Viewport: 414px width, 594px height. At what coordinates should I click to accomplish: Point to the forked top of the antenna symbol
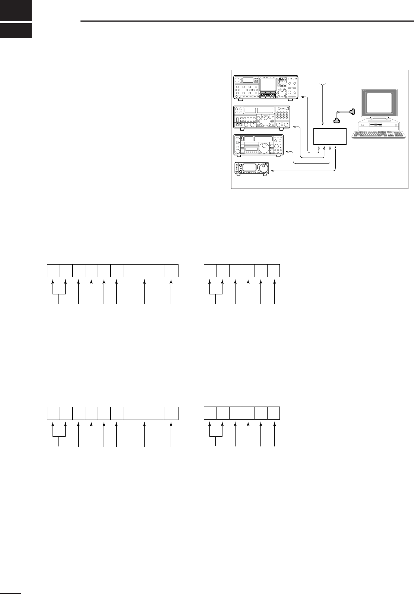pos(322,86)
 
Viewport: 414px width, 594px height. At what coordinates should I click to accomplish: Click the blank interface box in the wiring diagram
pos(330,136)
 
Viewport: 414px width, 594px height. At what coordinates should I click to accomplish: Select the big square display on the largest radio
pos(268,86)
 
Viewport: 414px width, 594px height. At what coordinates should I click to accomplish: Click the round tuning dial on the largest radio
pos(282,92)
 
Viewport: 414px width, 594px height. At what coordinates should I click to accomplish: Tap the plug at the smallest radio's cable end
pos(274,170)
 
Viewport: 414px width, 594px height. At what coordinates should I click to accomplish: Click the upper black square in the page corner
pos(16,10)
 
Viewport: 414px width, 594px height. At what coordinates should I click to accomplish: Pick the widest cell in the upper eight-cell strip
pos(144,271)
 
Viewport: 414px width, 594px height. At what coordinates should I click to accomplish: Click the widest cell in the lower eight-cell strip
pos(144,413)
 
